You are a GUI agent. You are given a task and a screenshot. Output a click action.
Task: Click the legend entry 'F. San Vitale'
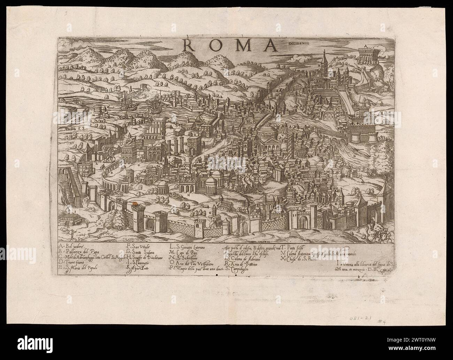[x=138, y=246]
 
